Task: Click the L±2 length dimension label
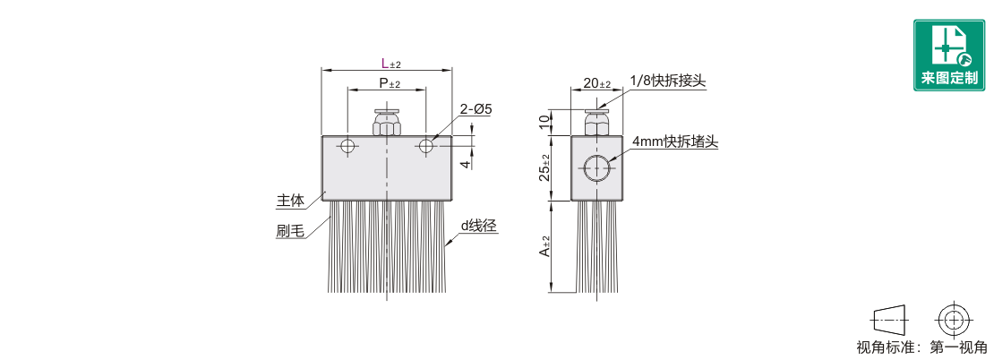[391, 63]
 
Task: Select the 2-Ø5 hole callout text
[476, 109]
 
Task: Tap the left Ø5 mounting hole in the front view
[347, 146]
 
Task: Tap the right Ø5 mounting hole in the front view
[426, 146]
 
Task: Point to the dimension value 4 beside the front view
[466, 164]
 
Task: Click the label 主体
[290, 201]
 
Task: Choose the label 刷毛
[290, 231]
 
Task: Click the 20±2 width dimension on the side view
[596, 83]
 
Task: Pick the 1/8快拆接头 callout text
[668, 81]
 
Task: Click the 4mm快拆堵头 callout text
[674, 142]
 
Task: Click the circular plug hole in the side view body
[596, 168]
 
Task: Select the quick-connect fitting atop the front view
[386, 123]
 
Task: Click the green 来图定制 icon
[949, 56]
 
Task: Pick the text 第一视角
[958, 347]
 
